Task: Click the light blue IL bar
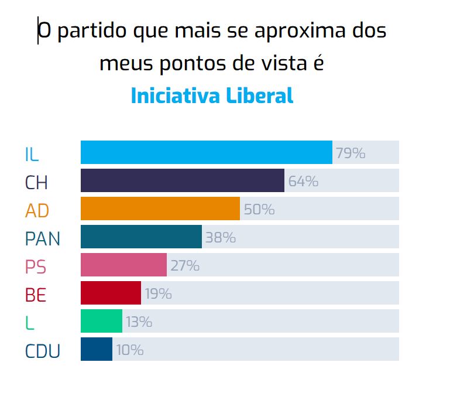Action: point(206,152)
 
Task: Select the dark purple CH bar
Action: point(182,180)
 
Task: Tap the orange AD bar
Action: point(160,209)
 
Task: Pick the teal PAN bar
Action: point(141,237)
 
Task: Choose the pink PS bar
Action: point(123,265)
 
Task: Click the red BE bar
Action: point(111,293)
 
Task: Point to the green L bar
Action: point(101,321)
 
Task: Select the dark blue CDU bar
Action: point(96,349)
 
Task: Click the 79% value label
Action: point(350,153)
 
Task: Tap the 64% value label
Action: point(303,182)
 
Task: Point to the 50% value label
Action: point(259,210)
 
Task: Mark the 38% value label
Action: point(220,238)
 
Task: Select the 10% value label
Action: point(129,350)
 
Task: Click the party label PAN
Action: point(43,238)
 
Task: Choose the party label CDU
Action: point(43,351)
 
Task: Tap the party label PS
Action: point(35,266)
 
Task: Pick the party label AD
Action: point(37,210)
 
